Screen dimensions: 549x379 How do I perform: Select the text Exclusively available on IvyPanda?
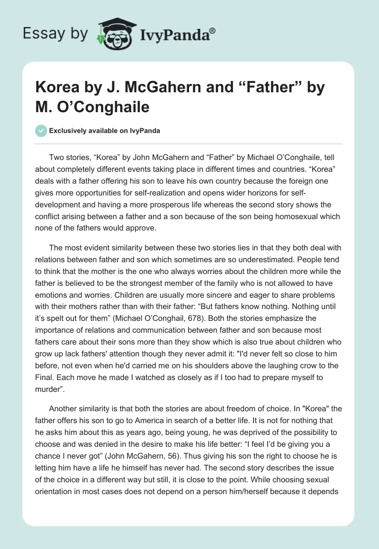[x=104, y=131]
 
